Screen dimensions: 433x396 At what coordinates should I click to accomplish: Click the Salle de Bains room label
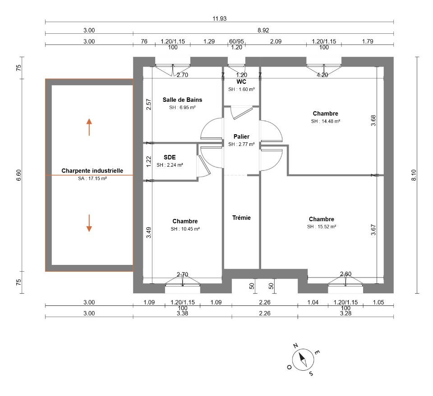(182, 100)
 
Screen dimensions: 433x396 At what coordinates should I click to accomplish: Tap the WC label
(241, 82)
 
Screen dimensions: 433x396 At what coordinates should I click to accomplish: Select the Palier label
(241, 137)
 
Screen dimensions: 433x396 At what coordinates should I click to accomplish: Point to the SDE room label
(170, 157)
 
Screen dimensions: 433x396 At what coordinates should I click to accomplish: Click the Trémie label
(241, 218)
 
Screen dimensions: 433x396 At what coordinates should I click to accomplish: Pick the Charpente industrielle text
(92, 171)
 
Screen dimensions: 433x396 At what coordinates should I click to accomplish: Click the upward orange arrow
(89, 127)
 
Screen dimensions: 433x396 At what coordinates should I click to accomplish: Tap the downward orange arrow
(89, 223)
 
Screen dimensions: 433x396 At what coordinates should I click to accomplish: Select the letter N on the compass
(295, 346)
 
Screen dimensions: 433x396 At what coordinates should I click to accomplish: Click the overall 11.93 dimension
(220, 18)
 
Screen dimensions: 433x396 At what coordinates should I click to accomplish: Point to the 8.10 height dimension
(414, 175)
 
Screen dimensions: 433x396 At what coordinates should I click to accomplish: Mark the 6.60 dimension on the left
(19, 175)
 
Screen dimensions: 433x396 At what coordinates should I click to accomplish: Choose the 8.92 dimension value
(263, 30)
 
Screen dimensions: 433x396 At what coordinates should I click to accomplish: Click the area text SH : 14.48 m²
(325, 121)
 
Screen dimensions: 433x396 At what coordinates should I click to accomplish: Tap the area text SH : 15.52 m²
(322, 227)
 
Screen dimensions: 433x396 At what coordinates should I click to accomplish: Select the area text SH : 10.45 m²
(185, 229)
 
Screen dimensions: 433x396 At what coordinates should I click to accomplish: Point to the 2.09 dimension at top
(276, 41)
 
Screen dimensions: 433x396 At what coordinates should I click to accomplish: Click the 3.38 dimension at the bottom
(182, 313)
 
